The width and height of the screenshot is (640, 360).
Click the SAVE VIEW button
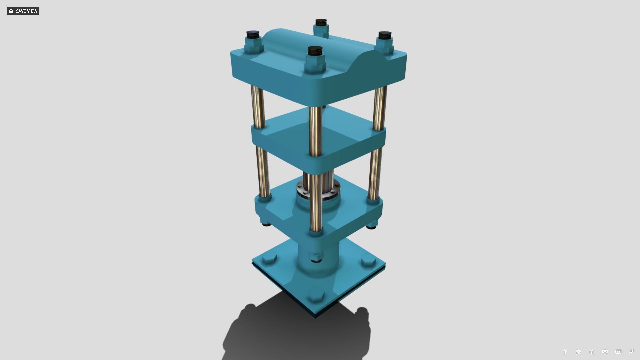(x=23, y=11)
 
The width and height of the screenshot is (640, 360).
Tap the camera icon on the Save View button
(x=11, y=11)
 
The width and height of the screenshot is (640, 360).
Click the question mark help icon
(x=565, y=352)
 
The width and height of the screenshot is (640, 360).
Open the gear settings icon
(x=578, y=352)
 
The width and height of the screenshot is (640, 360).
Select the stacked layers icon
(x=592, y=352)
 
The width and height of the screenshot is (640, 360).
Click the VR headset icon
(x=605, y=352)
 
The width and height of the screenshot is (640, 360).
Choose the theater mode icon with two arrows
(x=618, y=352)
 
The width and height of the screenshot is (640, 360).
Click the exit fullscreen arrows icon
(x=632, y=352)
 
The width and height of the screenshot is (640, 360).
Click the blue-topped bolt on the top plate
(x=253, y=34)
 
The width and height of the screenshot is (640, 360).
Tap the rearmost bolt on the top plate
(x=321, y=23)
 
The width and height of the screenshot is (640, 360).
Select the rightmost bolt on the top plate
(x=385, y=35)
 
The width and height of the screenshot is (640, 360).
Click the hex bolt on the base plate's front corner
(x=315, y=296)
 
